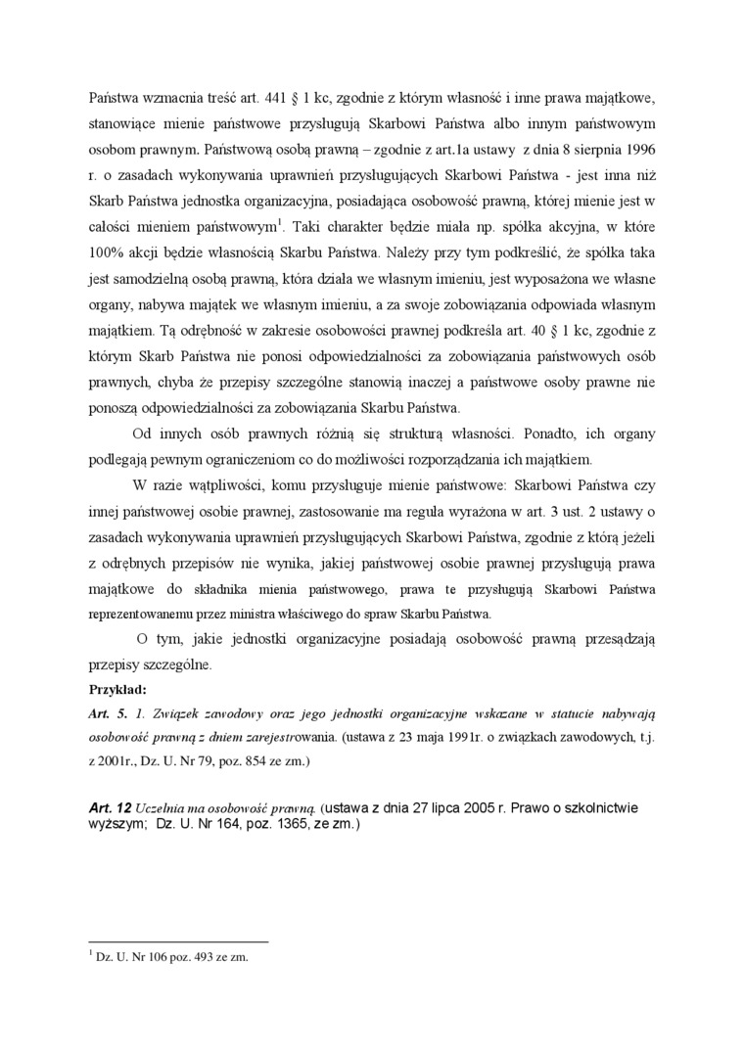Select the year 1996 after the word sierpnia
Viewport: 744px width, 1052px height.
(636, 151)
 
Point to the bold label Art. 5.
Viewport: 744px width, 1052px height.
(106, 713)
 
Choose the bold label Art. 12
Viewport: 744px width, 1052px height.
(110, 809)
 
